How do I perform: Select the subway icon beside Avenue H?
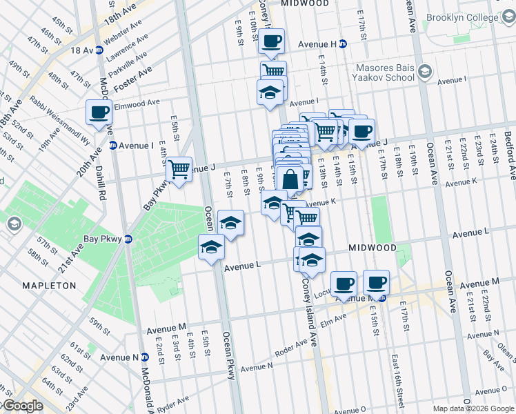tap(343, 44)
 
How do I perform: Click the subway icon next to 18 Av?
tap(99, 50)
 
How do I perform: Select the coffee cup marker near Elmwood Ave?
tap(99, 112)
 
